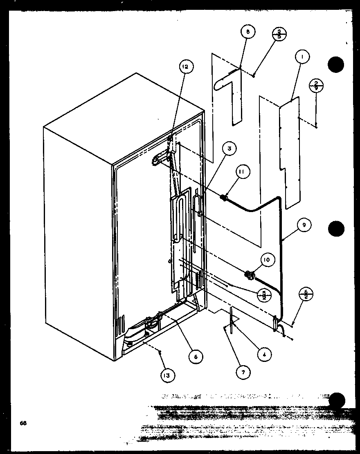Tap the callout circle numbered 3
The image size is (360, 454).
(229, 149)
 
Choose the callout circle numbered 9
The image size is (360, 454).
(304, 224)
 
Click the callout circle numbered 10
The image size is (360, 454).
(266, 260)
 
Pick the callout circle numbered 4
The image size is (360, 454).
(264, 355)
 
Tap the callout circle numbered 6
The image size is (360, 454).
(196, 357)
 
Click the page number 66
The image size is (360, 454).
(23, 423)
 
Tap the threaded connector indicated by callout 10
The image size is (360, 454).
(248, 274)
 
